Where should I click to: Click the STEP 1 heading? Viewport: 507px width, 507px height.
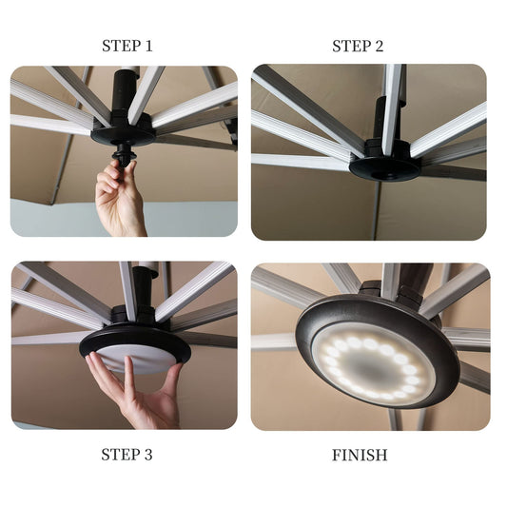(x=127, y=46)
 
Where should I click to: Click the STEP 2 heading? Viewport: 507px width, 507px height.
(x=358, y=46)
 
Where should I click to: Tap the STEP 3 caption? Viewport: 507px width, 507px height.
(x=127, y=455)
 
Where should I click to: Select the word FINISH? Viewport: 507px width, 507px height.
(x=360, y=456)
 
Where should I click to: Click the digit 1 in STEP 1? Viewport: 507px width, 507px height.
(x=148, y=46)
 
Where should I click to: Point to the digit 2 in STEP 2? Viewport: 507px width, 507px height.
(x=379, y=46)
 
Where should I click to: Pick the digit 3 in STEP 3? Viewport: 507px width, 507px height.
(x=147, y=455)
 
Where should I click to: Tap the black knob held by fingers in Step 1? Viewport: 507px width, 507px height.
(x=124, y=154)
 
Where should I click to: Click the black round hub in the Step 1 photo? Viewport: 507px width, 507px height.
(x=124, y=131)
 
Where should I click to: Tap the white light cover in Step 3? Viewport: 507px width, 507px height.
(x=136, y=361)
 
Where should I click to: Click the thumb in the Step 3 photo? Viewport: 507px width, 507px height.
(x=171, y=381)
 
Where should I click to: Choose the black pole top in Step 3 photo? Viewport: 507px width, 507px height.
(x=145, y=289)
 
